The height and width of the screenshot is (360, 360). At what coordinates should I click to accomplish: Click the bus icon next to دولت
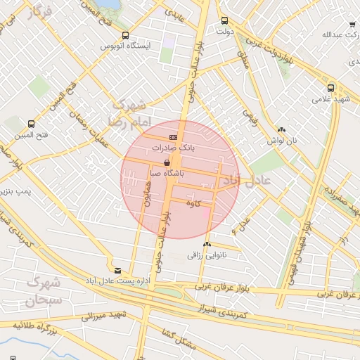(x=224, y=21)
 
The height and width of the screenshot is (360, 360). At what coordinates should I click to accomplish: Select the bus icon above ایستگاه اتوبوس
(x=125, y=35)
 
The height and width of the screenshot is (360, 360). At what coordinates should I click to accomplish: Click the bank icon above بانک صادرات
(x=173, y=137)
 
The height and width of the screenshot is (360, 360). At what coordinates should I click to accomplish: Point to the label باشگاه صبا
(x=167, y=172)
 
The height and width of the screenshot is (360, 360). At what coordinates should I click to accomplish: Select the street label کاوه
(x=194, y=203)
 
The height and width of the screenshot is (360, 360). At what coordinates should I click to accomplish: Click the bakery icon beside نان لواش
(x=281, y=129)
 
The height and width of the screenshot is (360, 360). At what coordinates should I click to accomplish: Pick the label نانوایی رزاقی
(x=205, y=255)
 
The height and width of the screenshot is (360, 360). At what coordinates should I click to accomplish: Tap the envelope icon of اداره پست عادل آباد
(x=117, y=270)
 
